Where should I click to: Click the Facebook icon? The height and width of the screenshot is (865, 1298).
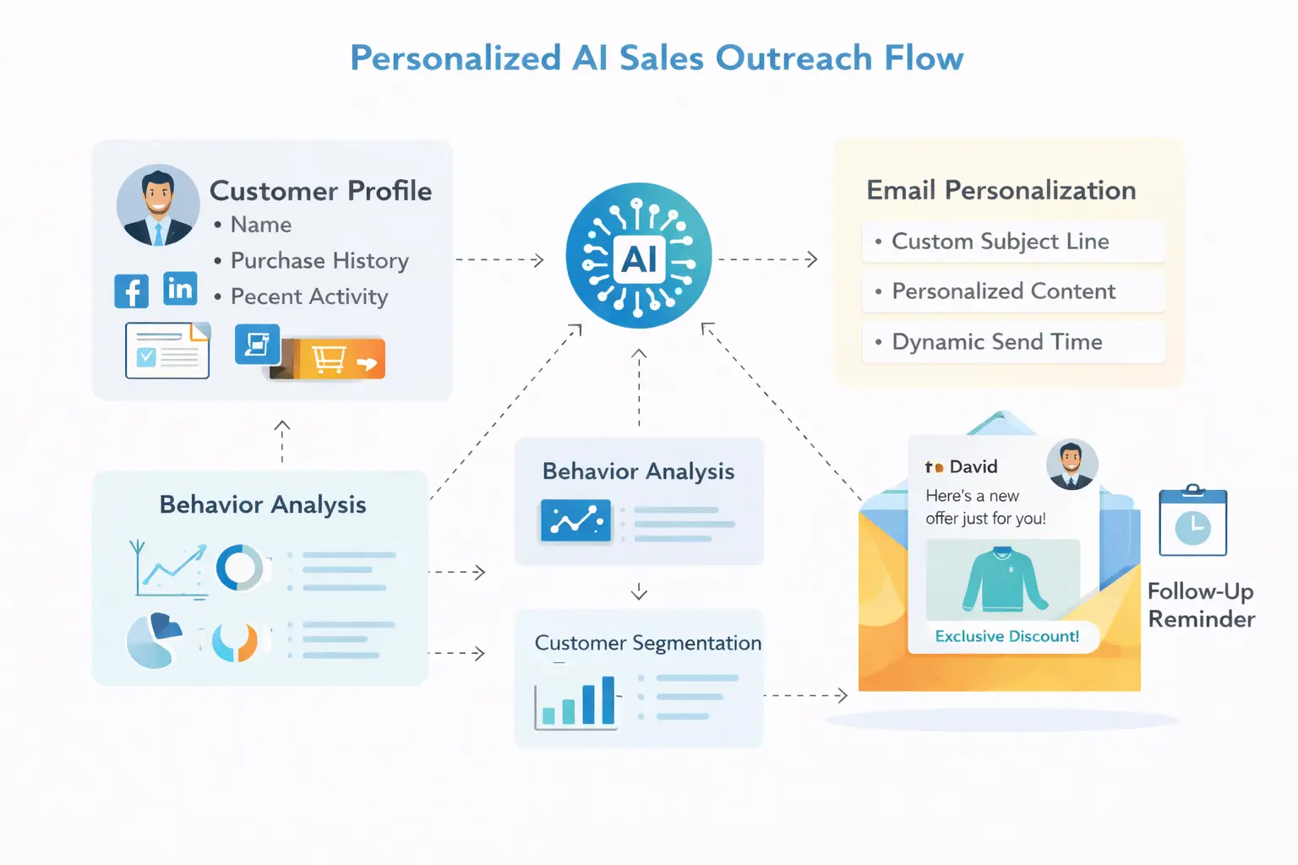click(132, 291)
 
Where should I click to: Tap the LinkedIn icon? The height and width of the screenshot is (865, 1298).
click(180, 289)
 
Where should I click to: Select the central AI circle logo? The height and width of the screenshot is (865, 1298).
click(639, 256)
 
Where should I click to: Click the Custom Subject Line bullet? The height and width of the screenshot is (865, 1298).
click(1001, 242)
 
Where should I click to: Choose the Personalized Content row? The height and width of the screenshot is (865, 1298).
click(1004, 291)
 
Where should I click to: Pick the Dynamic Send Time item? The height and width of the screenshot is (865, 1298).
click(997, 342)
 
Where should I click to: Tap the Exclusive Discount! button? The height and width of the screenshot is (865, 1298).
click(1006, 636)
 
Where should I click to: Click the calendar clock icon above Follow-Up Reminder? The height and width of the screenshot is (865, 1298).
click(1192, 523)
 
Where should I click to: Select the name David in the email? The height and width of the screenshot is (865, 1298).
click(973, 467)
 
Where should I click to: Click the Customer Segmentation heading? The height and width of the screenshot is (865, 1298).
click(648, 643)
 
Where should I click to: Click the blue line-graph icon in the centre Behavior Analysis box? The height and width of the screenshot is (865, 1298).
click(575, 520)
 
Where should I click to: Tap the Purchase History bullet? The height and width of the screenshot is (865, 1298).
click(319, 261)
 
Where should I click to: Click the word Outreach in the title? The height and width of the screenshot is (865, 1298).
click(794, 58)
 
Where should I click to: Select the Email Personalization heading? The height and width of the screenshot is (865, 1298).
click(1001, 191)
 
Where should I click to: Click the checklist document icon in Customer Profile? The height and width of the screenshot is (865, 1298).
click(167, 351)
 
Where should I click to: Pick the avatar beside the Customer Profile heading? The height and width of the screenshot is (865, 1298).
click(158, 205)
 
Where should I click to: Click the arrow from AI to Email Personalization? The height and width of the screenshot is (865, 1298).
click(767, 259)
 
